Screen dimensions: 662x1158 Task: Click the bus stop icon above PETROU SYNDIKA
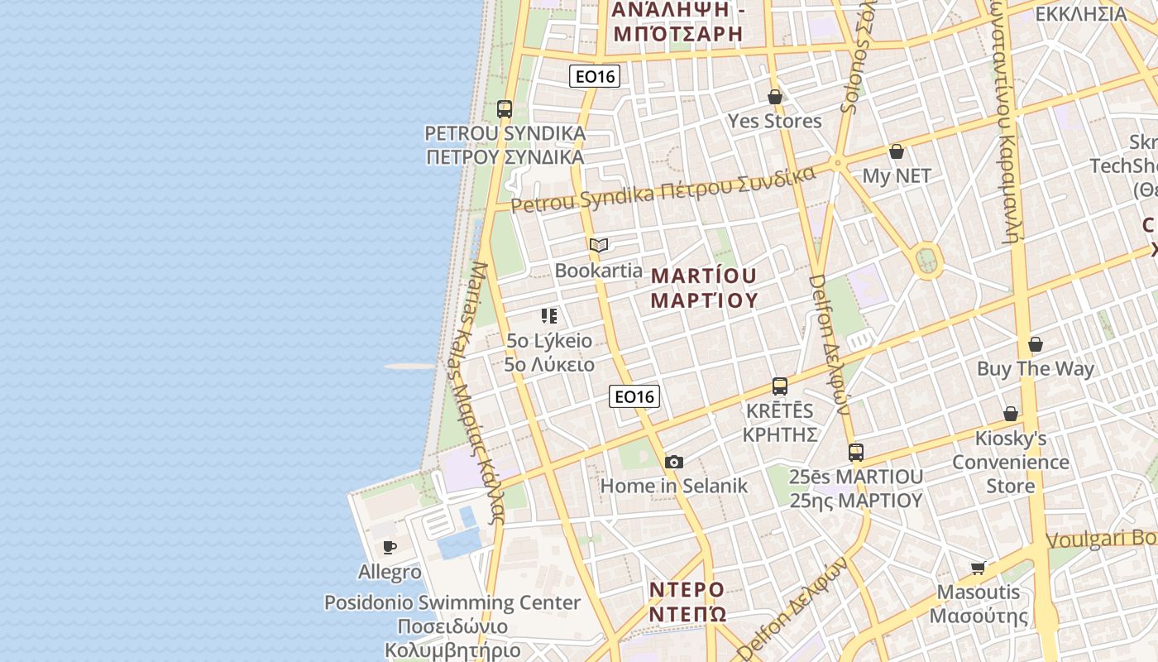click(504, 109)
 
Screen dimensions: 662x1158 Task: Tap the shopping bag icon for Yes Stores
click(775, 98)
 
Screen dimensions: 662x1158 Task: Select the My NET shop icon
click(897, 152)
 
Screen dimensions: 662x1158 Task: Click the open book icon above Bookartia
click(599, 246)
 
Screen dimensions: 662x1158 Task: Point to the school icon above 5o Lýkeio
click(549, 316)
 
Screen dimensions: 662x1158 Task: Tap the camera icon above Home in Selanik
click(674, 463)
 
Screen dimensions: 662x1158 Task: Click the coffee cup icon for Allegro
click(390, 547)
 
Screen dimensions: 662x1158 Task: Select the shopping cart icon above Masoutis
click(979, 568)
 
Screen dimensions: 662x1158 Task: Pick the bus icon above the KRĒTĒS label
click(779, 386)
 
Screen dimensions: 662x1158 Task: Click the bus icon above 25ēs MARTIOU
click(855, 453)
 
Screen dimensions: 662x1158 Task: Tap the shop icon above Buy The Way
click(1035, 344)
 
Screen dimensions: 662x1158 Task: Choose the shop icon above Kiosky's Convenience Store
click(1010, 414)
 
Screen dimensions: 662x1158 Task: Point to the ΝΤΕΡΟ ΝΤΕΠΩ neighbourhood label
click(687, 602)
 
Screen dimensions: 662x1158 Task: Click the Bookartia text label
click(598, 271)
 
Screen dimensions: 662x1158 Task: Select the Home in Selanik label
click(673, 486)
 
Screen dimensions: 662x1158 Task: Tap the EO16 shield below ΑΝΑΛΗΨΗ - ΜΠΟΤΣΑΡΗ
click(594, 77)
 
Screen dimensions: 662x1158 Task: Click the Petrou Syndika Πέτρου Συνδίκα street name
click(663, 189)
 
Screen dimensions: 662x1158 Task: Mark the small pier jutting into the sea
click(410, 366)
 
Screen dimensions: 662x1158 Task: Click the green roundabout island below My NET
click(927, 260)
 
